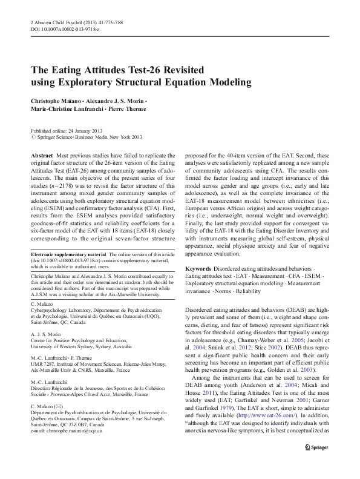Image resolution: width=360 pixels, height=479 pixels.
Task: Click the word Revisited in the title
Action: (172, 69)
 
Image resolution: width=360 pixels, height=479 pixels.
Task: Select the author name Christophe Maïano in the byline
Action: (57, 98)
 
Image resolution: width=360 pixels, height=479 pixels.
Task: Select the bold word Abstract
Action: (41, 156)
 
